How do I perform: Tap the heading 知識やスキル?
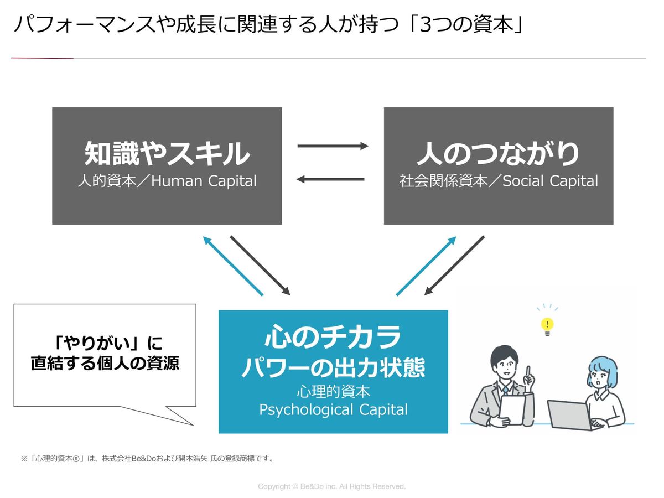[167, 154]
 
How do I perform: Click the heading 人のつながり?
[498, 154]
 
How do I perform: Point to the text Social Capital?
[550, 181]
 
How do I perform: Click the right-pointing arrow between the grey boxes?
[333, 146]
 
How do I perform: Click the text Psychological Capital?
[333, 410]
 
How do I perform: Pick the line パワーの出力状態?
[333, 367]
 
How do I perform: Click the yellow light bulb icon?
[547, 326]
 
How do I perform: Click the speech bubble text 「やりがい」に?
[105, 344]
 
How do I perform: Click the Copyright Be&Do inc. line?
[332, 486]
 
